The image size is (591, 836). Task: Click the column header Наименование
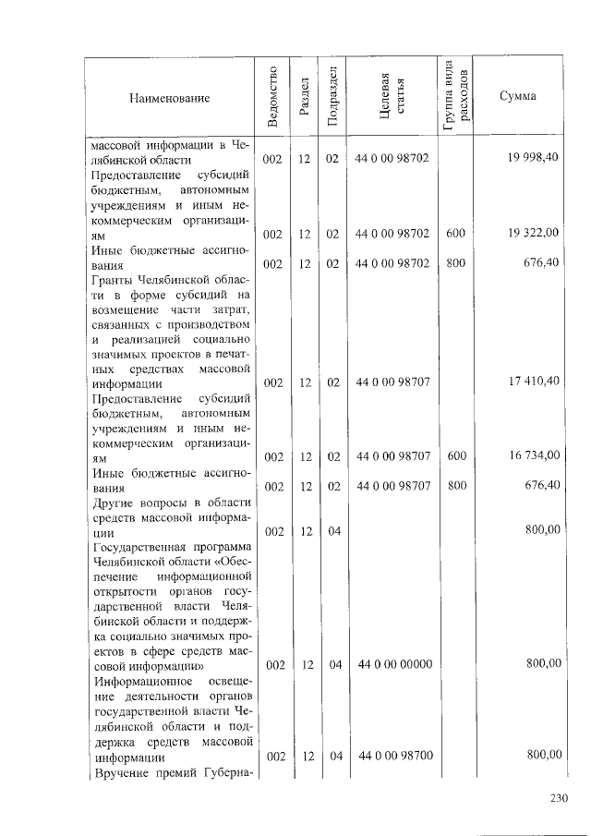pos(169,98)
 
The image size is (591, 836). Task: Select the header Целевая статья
pos(392,97)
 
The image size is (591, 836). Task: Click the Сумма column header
pos(518,98)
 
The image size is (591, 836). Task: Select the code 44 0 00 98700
pos(393,756)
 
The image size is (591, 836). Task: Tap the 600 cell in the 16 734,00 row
pos(454,455)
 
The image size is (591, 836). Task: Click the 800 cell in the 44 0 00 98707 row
pos(455,485)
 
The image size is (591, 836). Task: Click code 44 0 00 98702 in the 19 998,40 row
pos(392,159)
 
